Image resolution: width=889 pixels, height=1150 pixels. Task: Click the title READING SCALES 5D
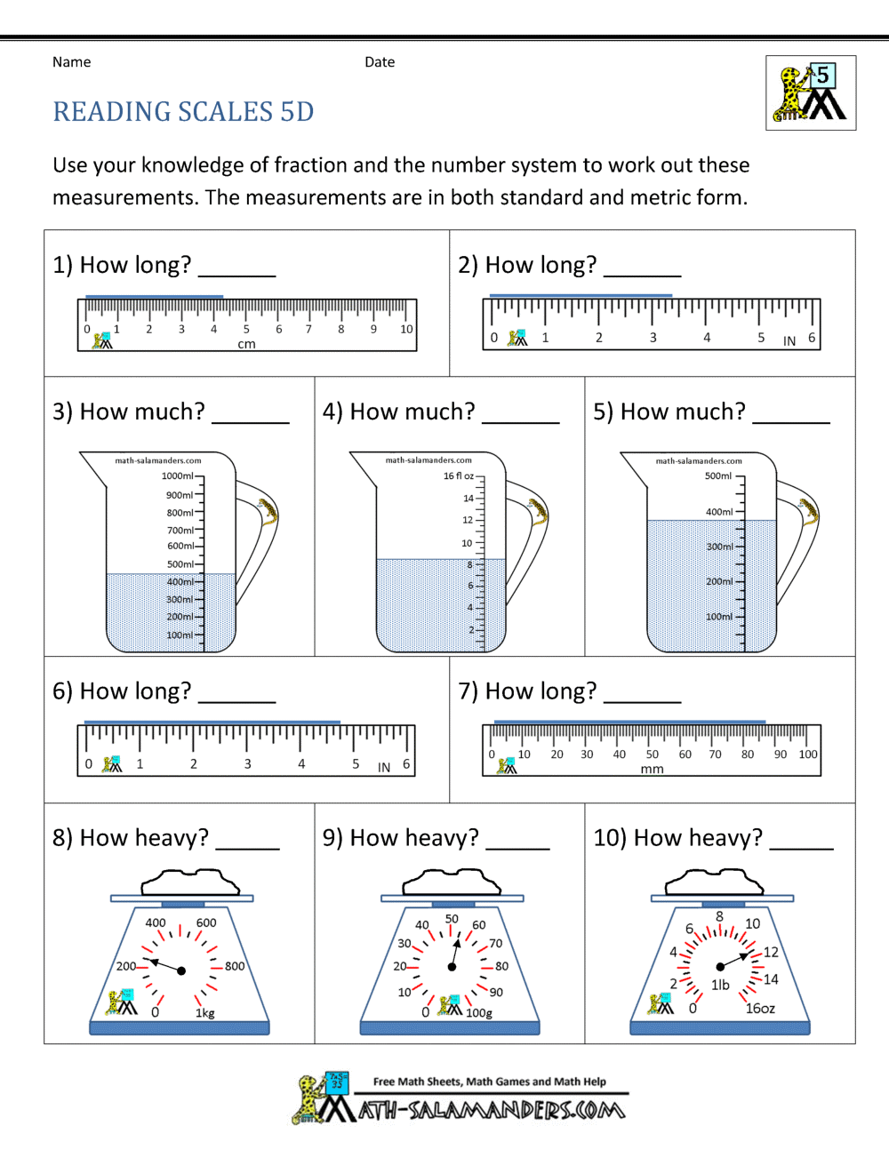183,112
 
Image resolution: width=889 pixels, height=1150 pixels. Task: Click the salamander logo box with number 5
811,93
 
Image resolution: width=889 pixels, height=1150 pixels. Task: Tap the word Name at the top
71,62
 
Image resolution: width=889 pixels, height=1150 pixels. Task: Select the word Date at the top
380,62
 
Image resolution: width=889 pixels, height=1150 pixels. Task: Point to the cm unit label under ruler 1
246,344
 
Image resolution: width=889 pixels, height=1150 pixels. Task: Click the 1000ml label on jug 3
178,476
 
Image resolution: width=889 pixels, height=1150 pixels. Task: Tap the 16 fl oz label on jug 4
459,476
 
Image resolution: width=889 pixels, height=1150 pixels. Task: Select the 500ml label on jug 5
718,476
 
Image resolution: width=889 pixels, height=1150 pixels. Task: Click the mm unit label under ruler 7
652,769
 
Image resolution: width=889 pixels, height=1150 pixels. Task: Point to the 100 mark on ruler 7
807,755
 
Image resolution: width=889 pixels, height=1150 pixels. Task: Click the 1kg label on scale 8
205,1013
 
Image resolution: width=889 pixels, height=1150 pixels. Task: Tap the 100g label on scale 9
479,1013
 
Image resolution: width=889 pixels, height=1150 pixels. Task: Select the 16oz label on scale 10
760,1009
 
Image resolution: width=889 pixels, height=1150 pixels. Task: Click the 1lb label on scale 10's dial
720,985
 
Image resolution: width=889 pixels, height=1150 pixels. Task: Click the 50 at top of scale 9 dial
452,919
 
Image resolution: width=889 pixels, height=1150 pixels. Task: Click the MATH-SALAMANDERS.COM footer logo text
492,1110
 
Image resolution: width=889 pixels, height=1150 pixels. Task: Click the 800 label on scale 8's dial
235,966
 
